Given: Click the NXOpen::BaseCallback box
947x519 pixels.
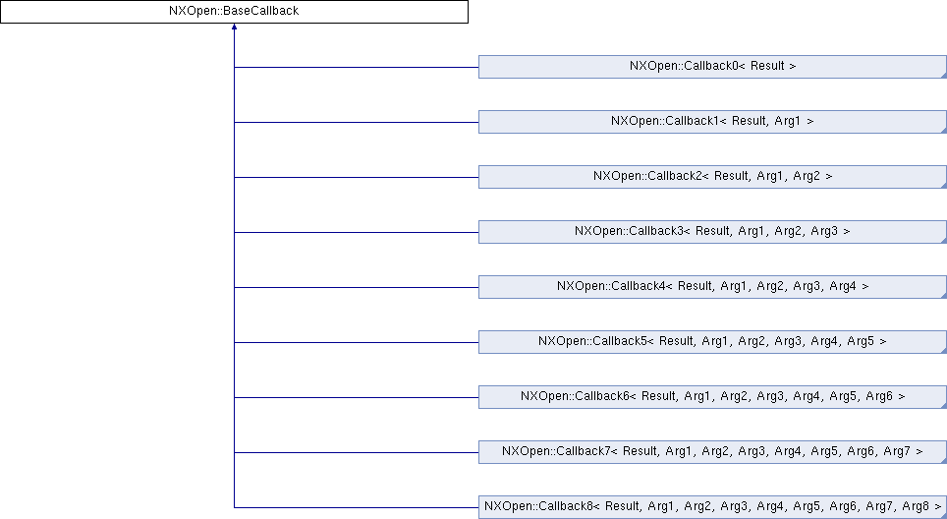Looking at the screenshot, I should [234, 12].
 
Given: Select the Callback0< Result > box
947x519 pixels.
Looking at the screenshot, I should [711, 67].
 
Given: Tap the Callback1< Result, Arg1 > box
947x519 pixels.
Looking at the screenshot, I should [711, 122].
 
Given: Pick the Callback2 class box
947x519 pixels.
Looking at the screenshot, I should [711, 177].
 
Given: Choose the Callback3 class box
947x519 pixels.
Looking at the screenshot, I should [711, 232].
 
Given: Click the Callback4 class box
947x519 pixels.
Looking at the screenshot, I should [711, 287].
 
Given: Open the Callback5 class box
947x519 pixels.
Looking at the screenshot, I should [711, 342].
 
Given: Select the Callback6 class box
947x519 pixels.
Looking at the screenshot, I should [711, 397].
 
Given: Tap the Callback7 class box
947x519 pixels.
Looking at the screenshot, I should [711, 452].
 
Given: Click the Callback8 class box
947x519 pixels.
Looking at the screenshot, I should [711, 507].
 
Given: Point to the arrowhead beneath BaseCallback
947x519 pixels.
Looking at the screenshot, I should [234, 29].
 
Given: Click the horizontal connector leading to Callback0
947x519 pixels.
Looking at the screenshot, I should [356, 67].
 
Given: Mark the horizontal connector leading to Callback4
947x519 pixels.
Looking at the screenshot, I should [356, 287].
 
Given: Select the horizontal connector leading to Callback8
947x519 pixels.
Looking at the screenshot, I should [356, 507].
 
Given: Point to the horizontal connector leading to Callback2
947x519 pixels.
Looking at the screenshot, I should [356, 177].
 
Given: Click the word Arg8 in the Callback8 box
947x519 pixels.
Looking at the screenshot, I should [914, 507].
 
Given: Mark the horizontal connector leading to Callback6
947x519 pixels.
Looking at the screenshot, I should [356, 397].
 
